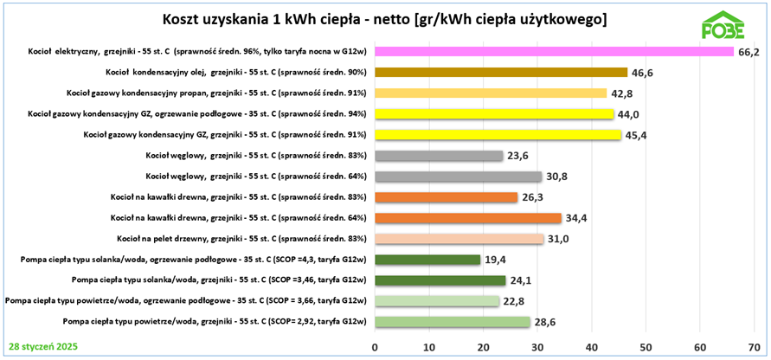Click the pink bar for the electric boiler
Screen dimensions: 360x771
[x=554, y=52]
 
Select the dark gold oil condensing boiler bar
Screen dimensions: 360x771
[x=501, y=73]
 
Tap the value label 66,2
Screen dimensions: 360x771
[x=749, y=53]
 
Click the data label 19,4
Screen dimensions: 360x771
[x=497, y=260]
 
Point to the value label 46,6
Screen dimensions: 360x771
[x=641, y=74]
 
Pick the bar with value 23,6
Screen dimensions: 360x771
[x=439, y=156]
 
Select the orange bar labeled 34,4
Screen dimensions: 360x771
[x=467, y=218]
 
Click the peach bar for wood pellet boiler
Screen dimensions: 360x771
[x=459, y=239]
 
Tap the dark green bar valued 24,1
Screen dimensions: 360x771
[x=440, y=280]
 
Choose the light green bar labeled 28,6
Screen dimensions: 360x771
[x=452, y=322]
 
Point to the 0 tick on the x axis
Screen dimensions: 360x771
[x=375, y=347]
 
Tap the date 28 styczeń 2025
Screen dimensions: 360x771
[x=42, y=346]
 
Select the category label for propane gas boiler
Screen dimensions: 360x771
[x=216, y=93]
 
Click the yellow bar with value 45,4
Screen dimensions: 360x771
[x=498, y=135]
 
